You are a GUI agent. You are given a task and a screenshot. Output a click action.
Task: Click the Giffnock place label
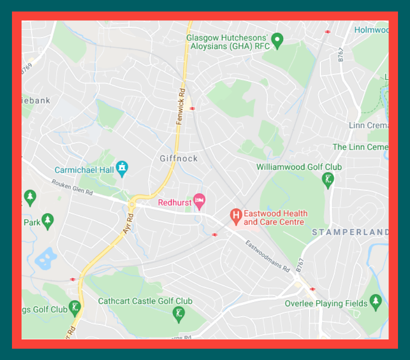[x=178, y=159]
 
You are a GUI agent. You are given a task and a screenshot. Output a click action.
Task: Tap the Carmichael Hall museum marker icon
[x=123, y=169]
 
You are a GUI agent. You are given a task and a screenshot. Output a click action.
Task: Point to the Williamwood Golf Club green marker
[x=328, y=180]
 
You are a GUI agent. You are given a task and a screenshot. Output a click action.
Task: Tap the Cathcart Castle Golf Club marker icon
[x=178, y=314]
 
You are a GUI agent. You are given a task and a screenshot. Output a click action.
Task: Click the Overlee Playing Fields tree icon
[x=375, y=302]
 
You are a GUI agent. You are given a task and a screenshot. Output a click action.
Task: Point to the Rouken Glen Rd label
[x=72, y=187]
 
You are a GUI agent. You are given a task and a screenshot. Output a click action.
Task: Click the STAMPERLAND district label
[x=350, y=232]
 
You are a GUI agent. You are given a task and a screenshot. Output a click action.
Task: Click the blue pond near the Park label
[x=46, y=258]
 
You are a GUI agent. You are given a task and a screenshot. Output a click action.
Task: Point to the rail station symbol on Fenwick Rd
[x=192, y=108]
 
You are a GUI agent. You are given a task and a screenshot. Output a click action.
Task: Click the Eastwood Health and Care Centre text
[x=275, y=218]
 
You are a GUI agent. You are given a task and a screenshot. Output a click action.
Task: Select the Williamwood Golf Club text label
[x=299, y=167]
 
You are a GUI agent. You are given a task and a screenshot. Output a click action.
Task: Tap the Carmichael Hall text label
[x=84, y=170]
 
